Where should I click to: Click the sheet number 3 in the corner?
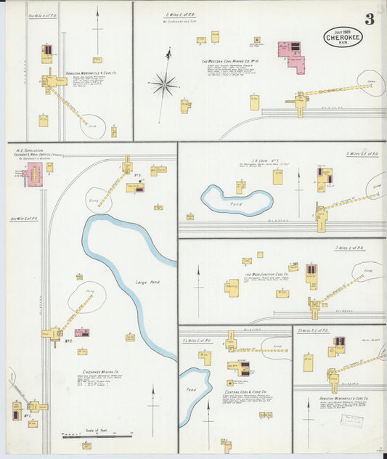click(370, 20)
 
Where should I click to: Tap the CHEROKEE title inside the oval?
click(342, 37)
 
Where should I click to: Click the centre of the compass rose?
click(165, 86)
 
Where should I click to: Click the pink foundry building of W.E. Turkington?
click(33, 174)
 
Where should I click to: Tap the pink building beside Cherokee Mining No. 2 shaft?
click(82, 333)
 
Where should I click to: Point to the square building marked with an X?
click(247, 260)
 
